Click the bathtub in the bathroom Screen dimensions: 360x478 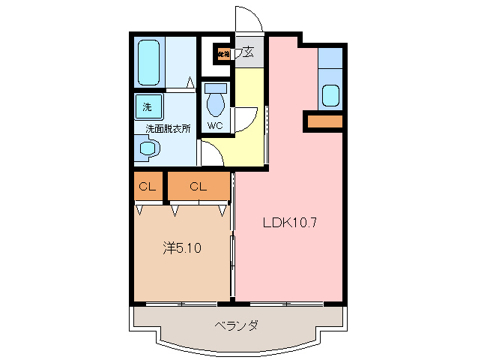click(149, 62)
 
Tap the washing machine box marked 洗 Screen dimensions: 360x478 click(147, 106)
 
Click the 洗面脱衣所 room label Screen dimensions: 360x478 click(169, 128)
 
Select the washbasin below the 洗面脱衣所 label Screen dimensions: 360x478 click(147, 148)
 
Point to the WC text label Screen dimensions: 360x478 click(216, 125)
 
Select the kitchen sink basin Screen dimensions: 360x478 click(330, 95)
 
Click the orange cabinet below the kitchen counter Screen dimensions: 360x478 click(324, 121)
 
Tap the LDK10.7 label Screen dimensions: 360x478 click(291, 222)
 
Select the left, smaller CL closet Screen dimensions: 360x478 click(147, 187)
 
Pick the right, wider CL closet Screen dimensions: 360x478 click(198, 187)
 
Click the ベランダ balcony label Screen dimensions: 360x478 click(237, 325)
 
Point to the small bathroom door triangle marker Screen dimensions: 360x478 click(191, 82)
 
